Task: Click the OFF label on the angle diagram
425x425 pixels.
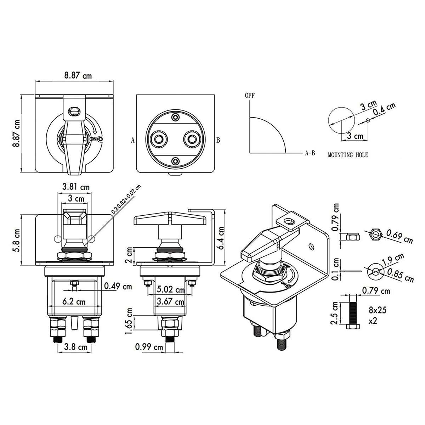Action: (249, 95)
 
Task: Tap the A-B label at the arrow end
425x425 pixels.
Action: (310, 153)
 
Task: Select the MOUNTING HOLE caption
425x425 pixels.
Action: (348, 155)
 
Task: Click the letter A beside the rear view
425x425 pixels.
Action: (133, 140)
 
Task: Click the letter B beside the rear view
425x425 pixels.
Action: (218, 140)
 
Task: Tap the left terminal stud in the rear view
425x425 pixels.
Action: (158, 138)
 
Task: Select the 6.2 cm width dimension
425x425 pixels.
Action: (74, 302)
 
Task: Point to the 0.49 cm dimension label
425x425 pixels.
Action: (118, 286)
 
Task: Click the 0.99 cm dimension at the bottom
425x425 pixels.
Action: (149, 347)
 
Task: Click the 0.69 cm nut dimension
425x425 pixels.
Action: (399, 236)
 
